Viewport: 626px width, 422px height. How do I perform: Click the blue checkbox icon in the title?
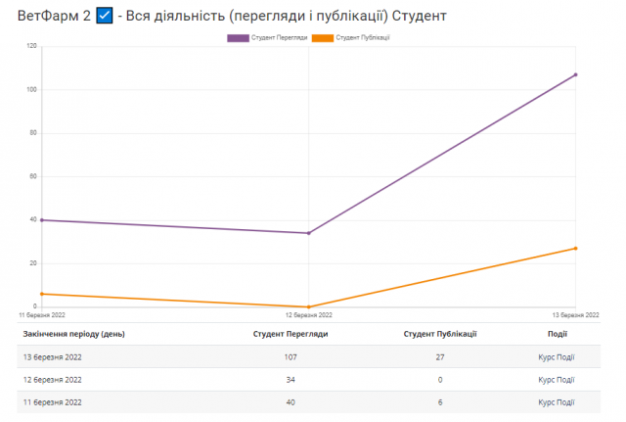point(105,17)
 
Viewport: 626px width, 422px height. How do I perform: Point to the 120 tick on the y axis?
point(31,46)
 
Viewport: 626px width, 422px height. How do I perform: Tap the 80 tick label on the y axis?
point(33,133)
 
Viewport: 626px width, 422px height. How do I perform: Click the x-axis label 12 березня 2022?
point(308,315)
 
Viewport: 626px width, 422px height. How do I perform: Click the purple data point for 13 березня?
point(576,74)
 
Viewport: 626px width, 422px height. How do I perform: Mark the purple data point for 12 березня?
point(308,233)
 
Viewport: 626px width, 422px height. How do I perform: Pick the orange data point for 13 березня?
point(576,248)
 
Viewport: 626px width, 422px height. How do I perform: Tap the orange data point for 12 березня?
point(308,306)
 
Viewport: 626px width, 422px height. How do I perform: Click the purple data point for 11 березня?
point(41,220)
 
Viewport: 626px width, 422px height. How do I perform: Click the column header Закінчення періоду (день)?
point(73,334)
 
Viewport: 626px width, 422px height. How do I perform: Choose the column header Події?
point(557,334)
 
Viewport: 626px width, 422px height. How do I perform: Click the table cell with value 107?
point(290,357)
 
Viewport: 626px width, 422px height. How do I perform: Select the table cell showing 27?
point(439,357)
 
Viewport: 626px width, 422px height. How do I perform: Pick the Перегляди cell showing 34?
point(290,380)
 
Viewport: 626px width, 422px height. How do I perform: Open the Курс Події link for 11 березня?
point(557,402)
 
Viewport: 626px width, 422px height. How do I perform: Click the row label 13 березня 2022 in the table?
point(53,357)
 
